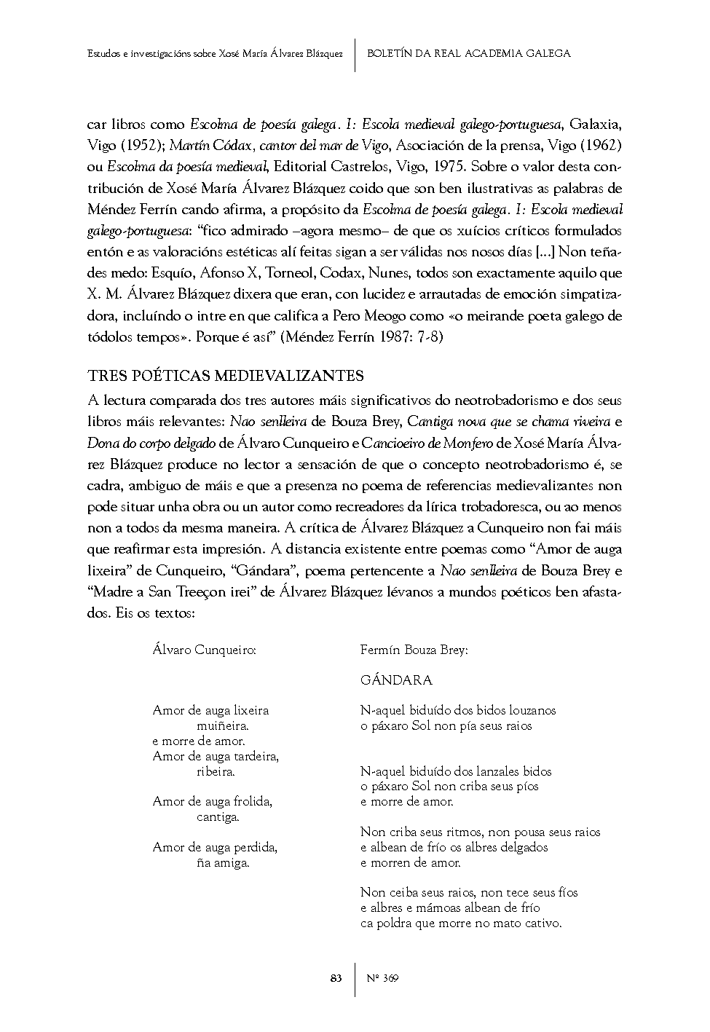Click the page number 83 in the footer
pyautogui.click(x=336, y=978)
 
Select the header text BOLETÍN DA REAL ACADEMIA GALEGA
pyautogui.click(x=468, y=53)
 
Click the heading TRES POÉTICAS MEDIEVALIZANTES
pyautogui.click(x=226, y=376)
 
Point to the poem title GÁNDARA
pyautogui.click(x=396, y=680)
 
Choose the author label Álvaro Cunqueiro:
pyautogui.click(x=204, y=650)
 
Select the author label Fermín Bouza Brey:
pyautogui.click(x=414, y=650)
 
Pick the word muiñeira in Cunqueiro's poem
pyautogui.click(x=223, y=725)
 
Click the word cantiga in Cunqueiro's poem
pyautogui.click(x=218, y=817)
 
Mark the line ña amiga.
pyautogui.click(x=223, y=863)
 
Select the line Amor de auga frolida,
pyautogui.click(x=213, y=801)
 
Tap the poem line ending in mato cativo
pyautogui.click(x=461, y=923)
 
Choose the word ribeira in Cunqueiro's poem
pyautogui.click(x=216, y=771)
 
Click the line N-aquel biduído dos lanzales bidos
pyautogui.click(x=456, y=771)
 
